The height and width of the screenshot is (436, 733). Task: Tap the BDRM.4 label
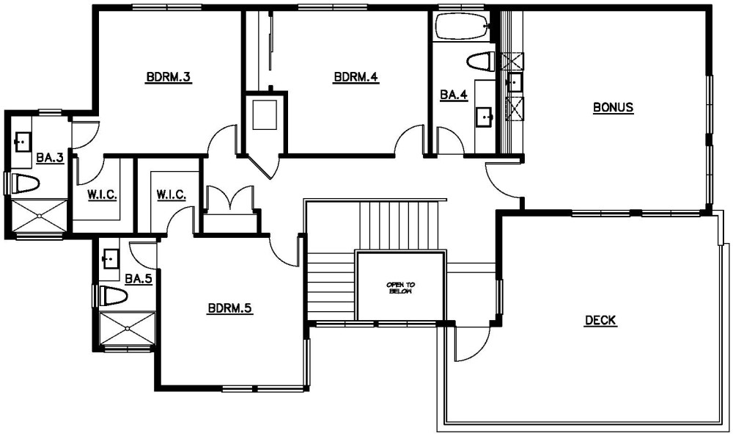click(x=356, y=76)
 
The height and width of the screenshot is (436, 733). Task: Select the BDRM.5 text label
click(x=230, y=308)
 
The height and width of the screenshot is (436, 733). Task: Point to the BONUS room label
click(x=613, y=107)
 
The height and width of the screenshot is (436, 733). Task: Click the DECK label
click(x=601, y=320)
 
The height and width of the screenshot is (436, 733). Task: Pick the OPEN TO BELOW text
click(x=401, y=288)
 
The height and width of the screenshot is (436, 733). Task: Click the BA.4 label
click(x=454, y=95)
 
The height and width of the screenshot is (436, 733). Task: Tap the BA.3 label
click(x=50, y=158)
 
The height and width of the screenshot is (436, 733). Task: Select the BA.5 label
click(x=139, y=279)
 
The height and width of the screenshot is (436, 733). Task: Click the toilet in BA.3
click(x=24, y=184)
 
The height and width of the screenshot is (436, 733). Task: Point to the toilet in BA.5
click(x=114, y=296)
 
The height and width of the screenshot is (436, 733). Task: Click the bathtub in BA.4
click(x=462, y=26)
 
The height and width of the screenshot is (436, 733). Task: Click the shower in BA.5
click(x=127, y=328)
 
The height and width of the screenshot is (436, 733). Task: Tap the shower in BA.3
click(x=39, y=215)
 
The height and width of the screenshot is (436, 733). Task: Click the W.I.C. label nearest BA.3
click(x=103, y=195)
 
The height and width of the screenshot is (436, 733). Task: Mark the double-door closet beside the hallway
click(x=230, y=208)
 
